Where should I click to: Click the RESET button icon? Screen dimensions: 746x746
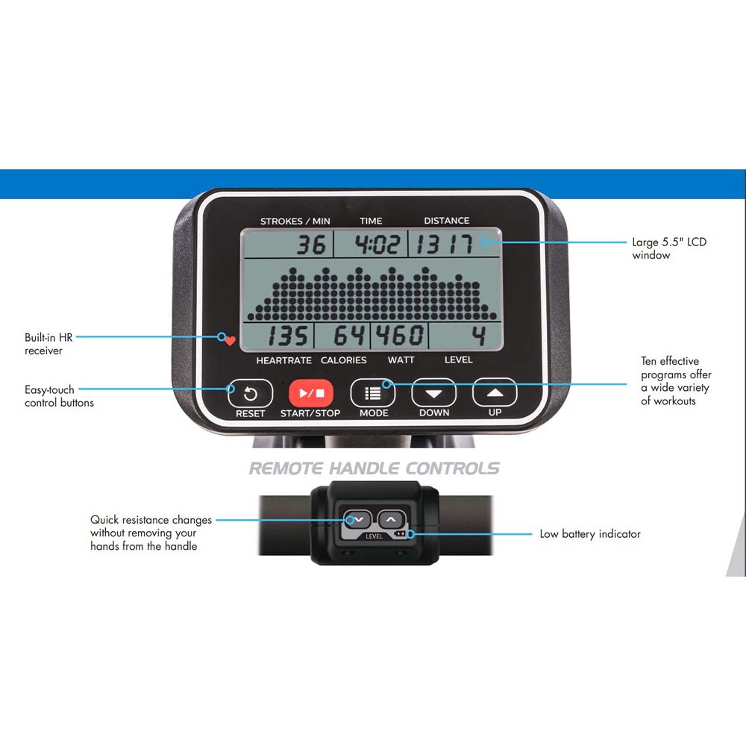(250, 393)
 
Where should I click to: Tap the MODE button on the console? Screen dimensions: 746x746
(372, 393)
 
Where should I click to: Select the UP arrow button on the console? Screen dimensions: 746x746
(495, 392)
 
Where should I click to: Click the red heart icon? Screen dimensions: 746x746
(231, 341)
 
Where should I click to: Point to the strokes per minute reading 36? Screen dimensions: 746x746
(312, 245)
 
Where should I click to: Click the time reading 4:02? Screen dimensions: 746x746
(377, 245)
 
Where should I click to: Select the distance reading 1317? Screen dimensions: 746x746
(445, 245)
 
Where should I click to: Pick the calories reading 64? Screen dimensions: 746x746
(349, 335)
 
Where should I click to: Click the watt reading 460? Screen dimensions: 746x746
(400, 335)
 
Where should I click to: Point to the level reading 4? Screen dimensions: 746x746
(479, 335)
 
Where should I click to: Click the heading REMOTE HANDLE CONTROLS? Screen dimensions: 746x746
(374, 468)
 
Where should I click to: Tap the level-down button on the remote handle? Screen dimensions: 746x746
(358, 519)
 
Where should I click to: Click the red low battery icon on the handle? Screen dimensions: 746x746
(400, 534)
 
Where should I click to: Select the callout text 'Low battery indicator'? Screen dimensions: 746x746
(590, 534)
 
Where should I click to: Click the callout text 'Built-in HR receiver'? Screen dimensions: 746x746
(48, 344)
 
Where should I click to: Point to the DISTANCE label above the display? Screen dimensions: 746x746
(446, 221)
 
